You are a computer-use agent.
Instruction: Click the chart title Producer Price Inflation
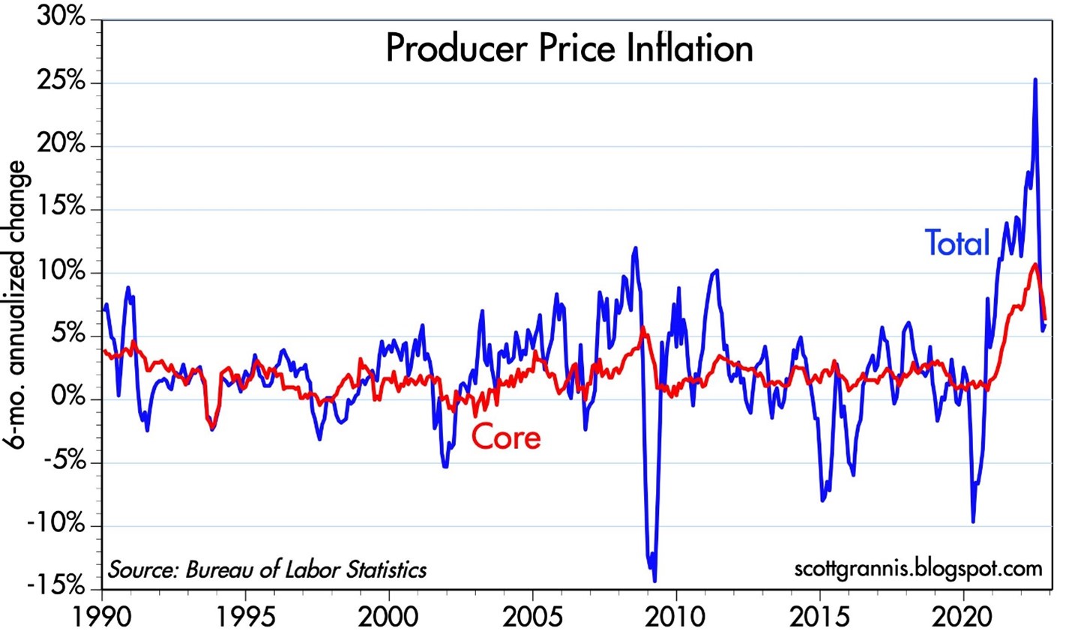(569, 49)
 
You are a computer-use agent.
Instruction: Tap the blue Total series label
(957, 243)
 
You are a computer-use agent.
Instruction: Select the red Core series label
(506, 437)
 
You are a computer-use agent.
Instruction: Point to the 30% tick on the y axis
(61, 18)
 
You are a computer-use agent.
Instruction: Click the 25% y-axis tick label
(61, 81)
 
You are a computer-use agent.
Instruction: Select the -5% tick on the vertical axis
(62, 461)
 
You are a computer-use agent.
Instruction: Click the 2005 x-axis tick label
(533, 619)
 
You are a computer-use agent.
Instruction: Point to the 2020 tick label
(964, 619)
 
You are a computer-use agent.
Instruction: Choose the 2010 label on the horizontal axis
(677, 619)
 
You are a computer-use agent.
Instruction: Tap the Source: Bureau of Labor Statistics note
(268, 570)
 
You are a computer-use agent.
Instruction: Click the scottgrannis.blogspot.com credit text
(918, 568)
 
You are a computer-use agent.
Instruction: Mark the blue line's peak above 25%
(1035, 79)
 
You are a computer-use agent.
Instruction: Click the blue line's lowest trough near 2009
(654, 580)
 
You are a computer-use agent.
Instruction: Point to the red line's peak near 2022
(1035, 264)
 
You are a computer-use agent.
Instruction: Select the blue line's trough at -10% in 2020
(973, 522)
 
